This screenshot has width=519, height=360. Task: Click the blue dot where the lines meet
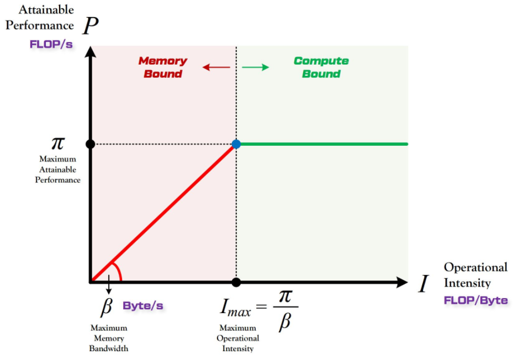236,144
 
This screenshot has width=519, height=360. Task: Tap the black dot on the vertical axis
91,144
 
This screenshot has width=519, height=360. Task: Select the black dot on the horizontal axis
236,282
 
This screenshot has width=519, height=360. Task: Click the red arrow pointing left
216,67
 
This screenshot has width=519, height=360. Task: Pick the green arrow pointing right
256,67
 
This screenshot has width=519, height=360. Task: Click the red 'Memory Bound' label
163,67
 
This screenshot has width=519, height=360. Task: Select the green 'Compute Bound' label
321,67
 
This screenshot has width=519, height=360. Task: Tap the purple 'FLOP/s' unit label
51,44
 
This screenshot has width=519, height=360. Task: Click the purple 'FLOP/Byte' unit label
475,300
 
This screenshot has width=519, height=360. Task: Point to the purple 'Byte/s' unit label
143,305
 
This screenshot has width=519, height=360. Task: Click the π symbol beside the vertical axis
58,143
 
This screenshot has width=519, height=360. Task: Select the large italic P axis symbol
91,25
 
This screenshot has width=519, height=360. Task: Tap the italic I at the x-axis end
423,284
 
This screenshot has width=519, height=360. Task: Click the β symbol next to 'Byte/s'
107,306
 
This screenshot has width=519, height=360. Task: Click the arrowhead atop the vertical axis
91,52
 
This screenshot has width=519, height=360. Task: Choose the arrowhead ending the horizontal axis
402,282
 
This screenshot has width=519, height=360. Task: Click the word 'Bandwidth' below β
109,348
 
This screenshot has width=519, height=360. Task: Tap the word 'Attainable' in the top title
46,9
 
